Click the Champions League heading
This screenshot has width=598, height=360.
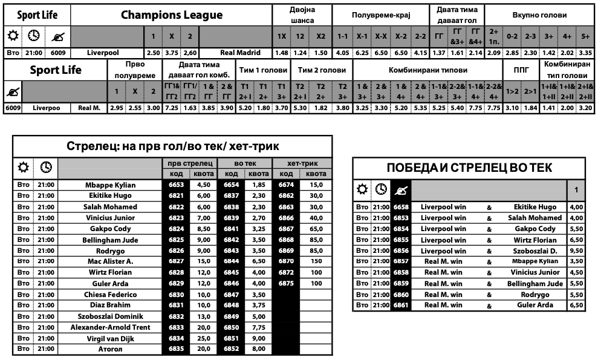tap(171, 15)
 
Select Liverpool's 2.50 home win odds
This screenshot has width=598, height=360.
tap(153, 53)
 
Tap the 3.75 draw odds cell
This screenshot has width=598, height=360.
tap(172, 53)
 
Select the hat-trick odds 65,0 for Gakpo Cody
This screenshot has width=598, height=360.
tap(316, 229)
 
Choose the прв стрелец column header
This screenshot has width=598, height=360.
tap(190, 163)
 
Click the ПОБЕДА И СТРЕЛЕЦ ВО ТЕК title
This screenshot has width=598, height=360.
tap(469, 168)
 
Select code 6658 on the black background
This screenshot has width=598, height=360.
tap(400, 207)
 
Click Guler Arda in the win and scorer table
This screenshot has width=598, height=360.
tap(535, 305)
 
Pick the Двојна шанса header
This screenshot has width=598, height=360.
tap(302, 15)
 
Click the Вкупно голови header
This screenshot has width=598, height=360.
tap(539, 15)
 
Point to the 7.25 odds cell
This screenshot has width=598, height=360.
tap(171, 108)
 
